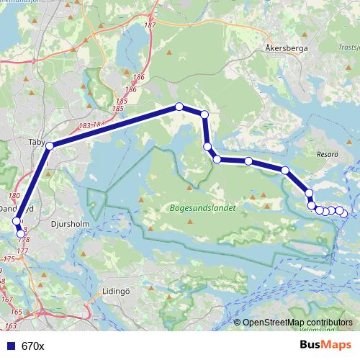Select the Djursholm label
[68, 224]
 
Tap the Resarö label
[328, 154]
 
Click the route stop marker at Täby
[50, 146]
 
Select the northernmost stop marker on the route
[179, 107]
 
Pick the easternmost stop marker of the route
[344, 213]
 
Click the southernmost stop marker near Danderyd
[21, 233]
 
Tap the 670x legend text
[33, 346]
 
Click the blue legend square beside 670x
[12, 346]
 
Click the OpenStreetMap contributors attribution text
[297, 323]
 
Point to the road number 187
[150, 25]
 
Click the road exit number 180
[14, 195]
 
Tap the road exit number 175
[9, 258]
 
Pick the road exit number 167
[6, 298]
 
